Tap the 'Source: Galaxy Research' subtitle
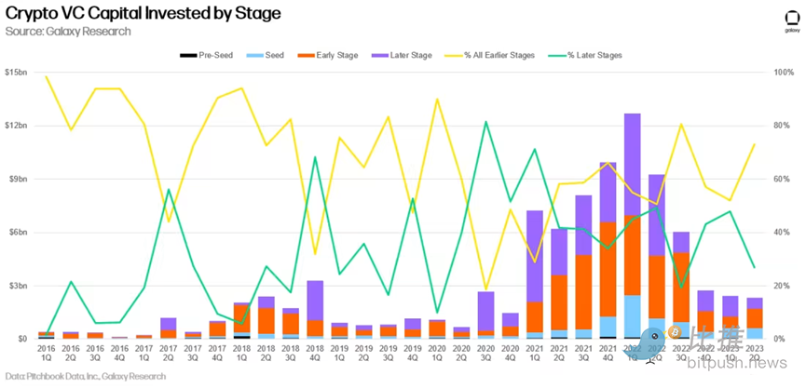tap(68, 31)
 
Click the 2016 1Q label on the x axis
tap(46, 355)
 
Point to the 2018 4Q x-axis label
tap(314, 355)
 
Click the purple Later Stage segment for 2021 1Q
tap(534, 256)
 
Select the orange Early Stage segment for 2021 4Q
tap(608, 269)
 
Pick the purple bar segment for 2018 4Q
tap(314, 300)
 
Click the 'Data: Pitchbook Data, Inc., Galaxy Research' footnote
tap(83, 376)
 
